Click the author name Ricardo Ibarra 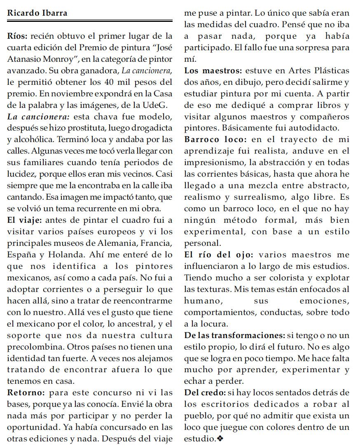tap(37, 13)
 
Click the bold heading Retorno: tap(27, 392)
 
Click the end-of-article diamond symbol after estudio tap(220, 439)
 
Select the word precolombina tap(31, 347)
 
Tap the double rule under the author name tap(90, 21)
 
